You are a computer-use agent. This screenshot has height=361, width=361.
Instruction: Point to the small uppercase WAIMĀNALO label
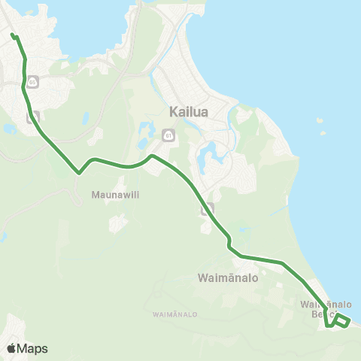point(174,313)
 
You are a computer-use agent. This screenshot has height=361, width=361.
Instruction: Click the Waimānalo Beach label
point(326,309)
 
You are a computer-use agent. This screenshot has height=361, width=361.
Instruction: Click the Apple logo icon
point(11,348)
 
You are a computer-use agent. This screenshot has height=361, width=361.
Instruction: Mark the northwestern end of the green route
point(12,35)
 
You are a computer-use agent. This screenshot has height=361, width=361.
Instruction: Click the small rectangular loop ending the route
point(341,322)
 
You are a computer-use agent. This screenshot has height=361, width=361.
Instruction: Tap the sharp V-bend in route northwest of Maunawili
point(78,172)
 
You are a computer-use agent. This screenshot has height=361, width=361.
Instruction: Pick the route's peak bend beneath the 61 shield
point(152,156)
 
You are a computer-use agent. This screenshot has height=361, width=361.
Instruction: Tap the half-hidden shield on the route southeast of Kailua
point(208,209)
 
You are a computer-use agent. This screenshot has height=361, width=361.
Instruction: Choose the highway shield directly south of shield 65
point(32,117)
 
